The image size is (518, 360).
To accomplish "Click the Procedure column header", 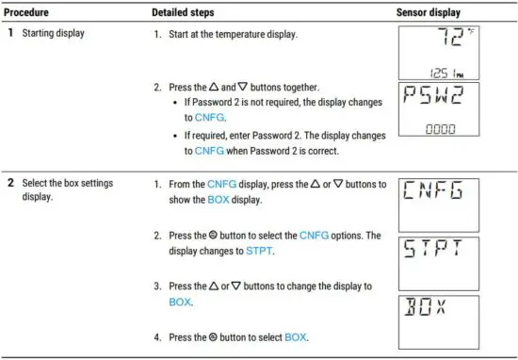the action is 30,13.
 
